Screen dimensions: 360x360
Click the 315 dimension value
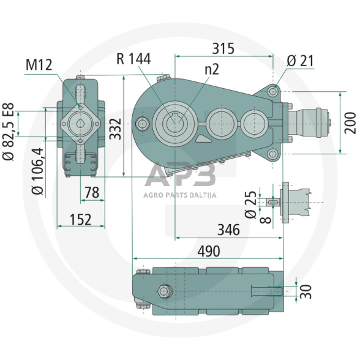[x=223, y=49]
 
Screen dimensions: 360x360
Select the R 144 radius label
[x=133, y=59]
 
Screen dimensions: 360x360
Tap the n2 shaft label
[x=212, y=69]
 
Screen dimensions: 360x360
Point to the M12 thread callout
[x=39, y=65]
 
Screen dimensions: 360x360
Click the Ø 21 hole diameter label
[x=300, y=61]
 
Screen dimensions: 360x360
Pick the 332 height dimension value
[x=115, y=129]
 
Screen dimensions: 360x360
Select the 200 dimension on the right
[x=350, y=123]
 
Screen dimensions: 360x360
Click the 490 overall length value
[x=209, y=251]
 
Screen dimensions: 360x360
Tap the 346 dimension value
[x=229, y=230]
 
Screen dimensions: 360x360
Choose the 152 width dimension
[x=81, y=219]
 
